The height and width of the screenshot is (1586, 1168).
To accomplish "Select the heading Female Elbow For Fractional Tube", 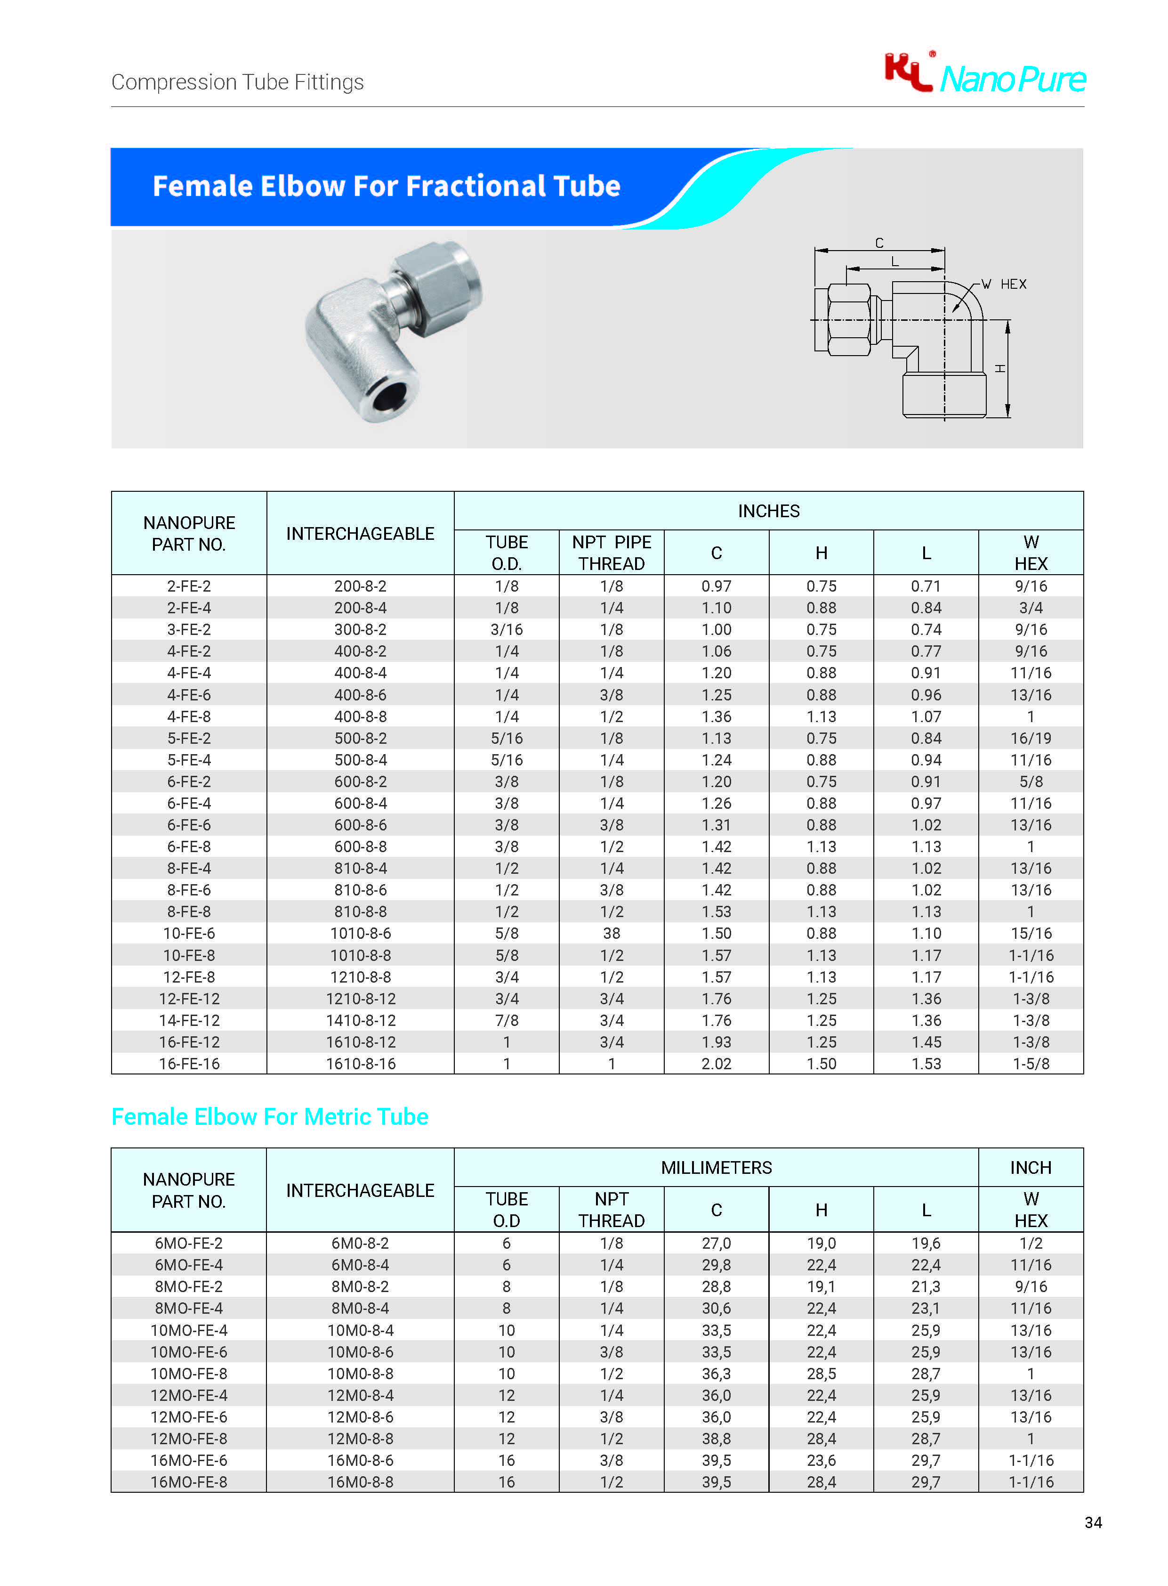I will [x=386, y=186].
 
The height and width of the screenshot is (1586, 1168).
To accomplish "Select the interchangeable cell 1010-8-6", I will [x=361, y=933].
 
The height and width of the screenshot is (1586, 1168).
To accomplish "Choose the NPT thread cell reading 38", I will [x=612, y=933].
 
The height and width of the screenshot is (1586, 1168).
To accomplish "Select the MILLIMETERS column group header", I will [x=716, y=1167].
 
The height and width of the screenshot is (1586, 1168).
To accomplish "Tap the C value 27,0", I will [x=716, y=1243].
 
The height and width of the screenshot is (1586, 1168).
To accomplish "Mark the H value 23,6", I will [x=821, y=1460].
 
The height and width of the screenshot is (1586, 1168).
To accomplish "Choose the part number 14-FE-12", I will [x=189, y=1020].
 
